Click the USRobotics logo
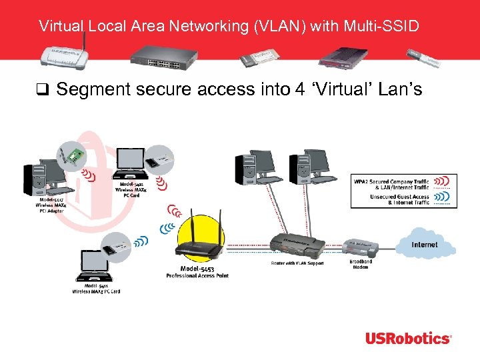point(408,338)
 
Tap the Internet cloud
point(425,245)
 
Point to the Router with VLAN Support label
point(297,263)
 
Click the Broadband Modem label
point(361,264)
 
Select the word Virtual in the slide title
point(59,27)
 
